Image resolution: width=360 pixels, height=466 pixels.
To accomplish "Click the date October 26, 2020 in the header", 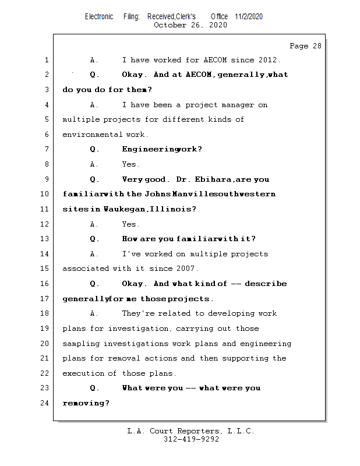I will pyautogui.click(x=190, y=25).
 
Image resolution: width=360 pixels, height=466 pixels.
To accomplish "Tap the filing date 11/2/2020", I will pyautogui.click(x=249, y=16).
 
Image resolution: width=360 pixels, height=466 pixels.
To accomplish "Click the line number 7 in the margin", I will pyautogui.click(x=46, y=149).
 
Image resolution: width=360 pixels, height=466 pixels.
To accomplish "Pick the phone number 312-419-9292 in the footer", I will pyautogui.click(x=191, y=440).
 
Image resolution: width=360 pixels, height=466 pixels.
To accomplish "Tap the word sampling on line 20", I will pyautogui.click(x=81, y=344).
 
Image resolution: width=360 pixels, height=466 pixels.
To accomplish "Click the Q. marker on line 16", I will pyautogui.click(x=95, y=284).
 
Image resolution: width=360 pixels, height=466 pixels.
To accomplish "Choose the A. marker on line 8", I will pyautogui.click(x=95, y=164).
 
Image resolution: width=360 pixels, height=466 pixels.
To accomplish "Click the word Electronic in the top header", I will pyautogui.click(x=99, y=16).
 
